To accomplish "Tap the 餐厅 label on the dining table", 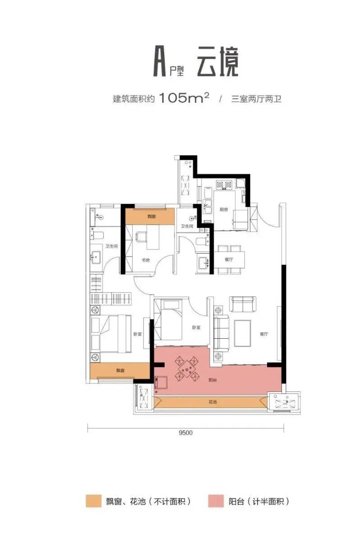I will (x=228, y=259).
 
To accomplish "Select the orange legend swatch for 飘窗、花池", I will (x=94, y=501).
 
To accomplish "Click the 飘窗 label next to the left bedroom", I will (x=120, y=370).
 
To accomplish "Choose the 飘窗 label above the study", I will (x=151, y=216).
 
